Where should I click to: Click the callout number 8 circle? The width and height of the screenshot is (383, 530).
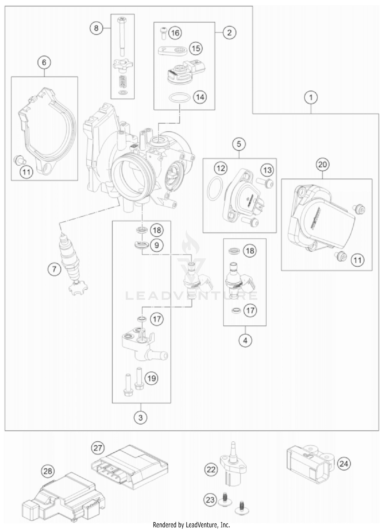(96, 28)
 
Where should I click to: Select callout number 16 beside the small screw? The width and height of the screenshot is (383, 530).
(175, 33)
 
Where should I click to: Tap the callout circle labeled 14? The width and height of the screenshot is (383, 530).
(200, 97)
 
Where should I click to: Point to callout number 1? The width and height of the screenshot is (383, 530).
(311, 97)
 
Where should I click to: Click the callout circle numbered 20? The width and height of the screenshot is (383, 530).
(322, 164)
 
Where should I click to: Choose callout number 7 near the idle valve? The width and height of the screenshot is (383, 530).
(54, 269)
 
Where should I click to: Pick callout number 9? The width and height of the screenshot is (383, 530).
(157, 245)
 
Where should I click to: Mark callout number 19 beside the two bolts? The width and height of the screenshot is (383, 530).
(151, 378)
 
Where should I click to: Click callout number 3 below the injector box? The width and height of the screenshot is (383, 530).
(140, 418)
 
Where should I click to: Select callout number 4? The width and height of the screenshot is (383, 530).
(245, 340)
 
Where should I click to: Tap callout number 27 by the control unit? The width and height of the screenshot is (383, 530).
(98, 448)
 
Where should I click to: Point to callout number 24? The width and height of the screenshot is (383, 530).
(344, 464)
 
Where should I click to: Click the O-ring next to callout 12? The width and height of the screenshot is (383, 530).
(214, 188)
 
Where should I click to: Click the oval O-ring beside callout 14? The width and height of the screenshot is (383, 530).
(180, 98)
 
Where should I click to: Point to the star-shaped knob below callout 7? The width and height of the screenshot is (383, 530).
(78, 289)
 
